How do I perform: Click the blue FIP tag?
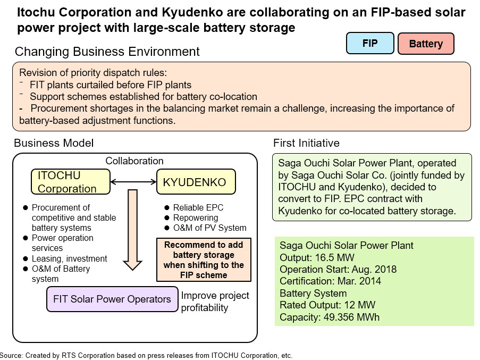point(370,44)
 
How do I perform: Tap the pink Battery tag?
point(426,44)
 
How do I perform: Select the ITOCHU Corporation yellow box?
point(67,182)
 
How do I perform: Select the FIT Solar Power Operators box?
point(112,299)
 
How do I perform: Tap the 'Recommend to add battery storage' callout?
point(204,260)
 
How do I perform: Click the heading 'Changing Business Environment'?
point(107,52)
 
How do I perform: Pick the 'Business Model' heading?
point(54,144)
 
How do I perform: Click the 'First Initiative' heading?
point(306,144)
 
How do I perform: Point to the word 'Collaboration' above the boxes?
point(134,161)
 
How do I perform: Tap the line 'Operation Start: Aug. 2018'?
point(338,270)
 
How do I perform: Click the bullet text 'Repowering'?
point(196,217)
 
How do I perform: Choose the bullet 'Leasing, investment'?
point(70,258)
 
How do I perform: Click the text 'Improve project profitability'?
point(215,302)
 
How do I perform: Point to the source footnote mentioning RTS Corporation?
point(146,355)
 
